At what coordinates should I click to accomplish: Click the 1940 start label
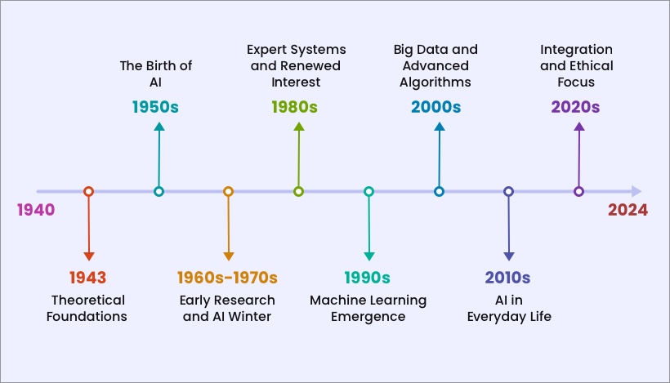pos(36,210)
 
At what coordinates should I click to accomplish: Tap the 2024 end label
pos(628,210)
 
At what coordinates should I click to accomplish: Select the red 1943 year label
pos(88,277)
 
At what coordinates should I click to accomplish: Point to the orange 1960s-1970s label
pos(228,277)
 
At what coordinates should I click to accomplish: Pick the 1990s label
pos(368,277)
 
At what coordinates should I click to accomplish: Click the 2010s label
pos(508,277)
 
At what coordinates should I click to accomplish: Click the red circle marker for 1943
pos(89,192)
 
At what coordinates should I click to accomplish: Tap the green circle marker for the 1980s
pos(298,192)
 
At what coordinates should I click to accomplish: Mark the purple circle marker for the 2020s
pos(578,192)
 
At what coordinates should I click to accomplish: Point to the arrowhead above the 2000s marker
pos(439,127)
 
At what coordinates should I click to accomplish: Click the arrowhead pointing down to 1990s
pos(368,256)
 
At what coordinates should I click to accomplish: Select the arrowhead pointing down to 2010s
pos(508,256)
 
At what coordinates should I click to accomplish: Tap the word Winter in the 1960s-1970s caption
pos(252,316)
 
